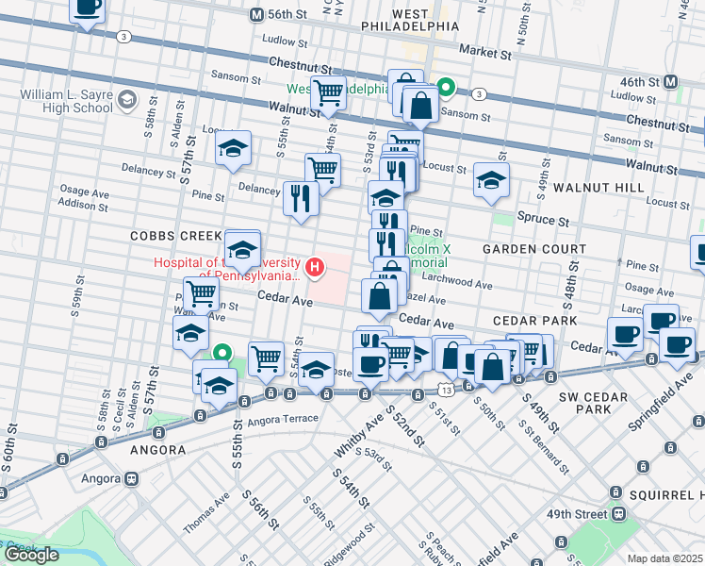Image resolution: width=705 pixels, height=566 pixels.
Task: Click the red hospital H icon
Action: click(317, 269)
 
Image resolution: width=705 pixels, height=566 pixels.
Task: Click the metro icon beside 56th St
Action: click(255, 15)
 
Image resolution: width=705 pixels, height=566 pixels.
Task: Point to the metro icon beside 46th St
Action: click(671, 82)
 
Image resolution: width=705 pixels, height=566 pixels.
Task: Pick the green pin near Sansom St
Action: click(448, 90)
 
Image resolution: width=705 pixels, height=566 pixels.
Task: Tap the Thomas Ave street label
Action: click(205, 514)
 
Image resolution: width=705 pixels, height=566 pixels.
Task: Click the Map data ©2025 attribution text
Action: click(664, 558)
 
